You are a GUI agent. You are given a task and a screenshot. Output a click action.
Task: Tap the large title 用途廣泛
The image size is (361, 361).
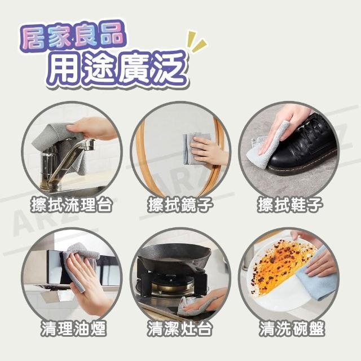point(117,68)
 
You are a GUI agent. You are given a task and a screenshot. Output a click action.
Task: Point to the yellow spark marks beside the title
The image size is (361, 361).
point(196,41)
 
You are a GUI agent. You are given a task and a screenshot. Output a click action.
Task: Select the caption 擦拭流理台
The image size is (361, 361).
point(72,204)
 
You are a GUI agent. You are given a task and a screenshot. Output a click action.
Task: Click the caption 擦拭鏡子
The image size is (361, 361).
point(180,204)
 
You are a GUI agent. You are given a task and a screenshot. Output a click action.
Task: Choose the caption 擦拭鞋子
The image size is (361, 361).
point(289,204)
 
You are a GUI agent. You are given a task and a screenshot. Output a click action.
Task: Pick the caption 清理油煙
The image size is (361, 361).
point(74,328)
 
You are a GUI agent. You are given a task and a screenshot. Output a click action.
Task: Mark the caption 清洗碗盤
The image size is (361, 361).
point(292,328)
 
